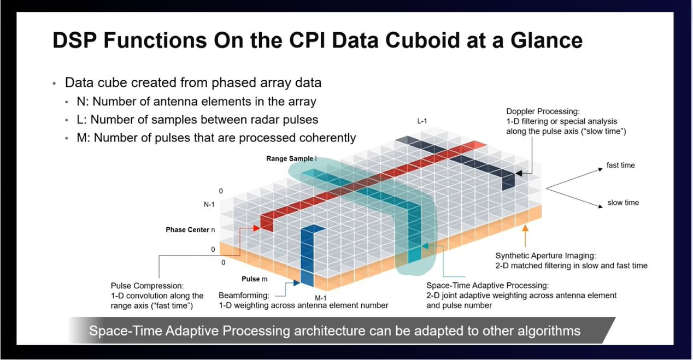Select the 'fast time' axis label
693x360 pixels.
[x=620, y=165]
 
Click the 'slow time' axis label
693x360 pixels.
[x=623, y=203]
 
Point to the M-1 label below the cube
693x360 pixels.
[x=321, y=298]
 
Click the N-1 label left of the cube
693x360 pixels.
[x=210, y=204]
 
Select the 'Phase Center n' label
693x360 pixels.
[x=190, y=230]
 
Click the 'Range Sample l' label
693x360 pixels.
[x=291, y=158]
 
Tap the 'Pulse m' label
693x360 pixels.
[x=254, y=279]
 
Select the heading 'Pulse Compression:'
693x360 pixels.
[x=147, y=286]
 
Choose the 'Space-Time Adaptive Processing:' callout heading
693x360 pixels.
[x=487, y=286]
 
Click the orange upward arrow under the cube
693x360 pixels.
[x=526, y=238]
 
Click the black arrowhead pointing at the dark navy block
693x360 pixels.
[x=519, y=173]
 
